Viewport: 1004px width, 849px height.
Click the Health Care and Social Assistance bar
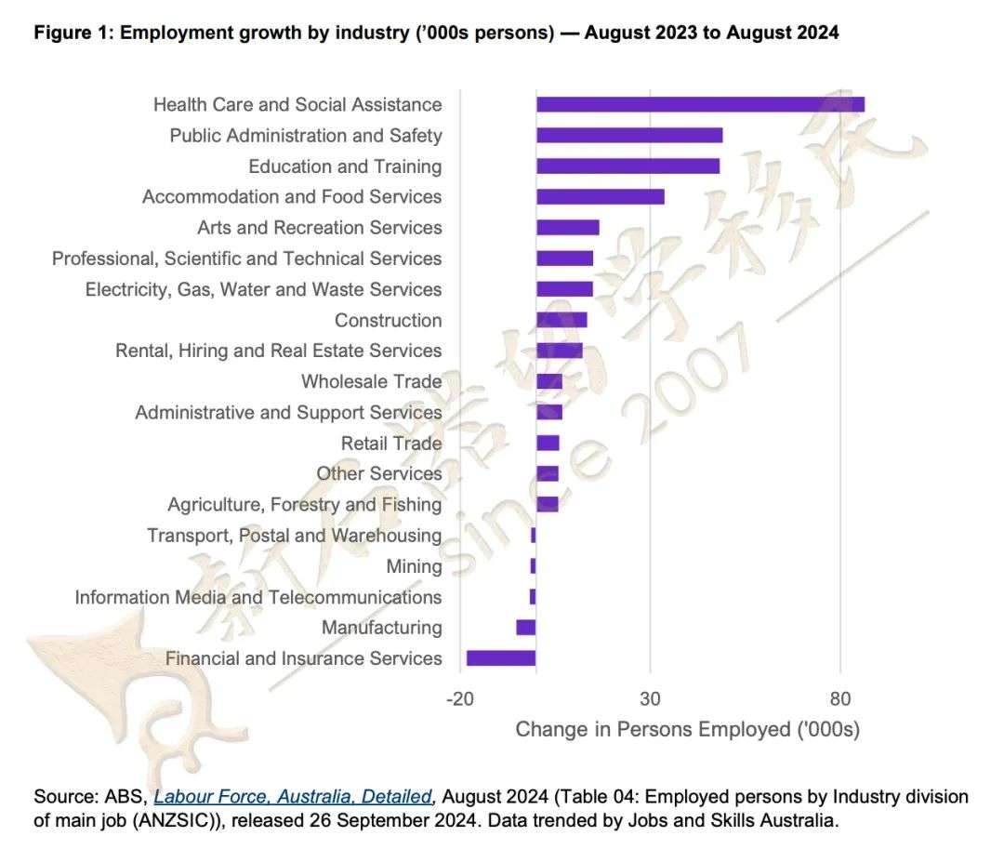tap(700, 104)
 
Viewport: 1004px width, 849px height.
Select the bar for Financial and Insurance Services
tap(501, 658)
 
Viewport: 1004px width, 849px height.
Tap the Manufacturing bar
tap(526, 628)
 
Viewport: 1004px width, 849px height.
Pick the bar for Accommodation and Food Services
tap(601, 196)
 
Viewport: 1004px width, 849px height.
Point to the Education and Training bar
tap(627, 166)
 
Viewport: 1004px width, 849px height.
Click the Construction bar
tap(561, 320)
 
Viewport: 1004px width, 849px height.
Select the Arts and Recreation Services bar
tap(568, 228)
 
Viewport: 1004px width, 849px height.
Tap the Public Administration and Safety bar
tap(629, 136)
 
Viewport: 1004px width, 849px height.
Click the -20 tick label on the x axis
tap(459, 698)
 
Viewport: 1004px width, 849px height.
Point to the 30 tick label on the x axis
tap(650, 698)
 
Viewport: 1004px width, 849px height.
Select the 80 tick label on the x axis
tap(840, 698)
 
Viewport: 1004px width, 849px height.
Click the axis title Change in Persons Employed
tap(687, 729)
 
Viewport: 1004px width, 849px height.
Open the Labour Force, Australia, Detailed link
tap(293, 797)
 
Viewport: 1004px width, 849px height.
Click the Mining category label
tap(414, 566)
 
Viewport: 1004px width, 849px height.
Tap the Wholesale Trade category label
tap(371, 381)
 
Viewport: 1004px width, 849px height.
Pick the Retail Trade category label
tap(390, 443)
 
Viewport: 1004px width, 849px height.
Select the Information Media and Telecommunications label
tap(258, 597)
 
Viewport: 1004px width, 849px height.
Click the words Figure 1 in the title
tap(73, 33)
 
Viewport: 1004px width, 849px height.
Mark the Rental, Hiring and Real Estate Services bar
tap(559, 351)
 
